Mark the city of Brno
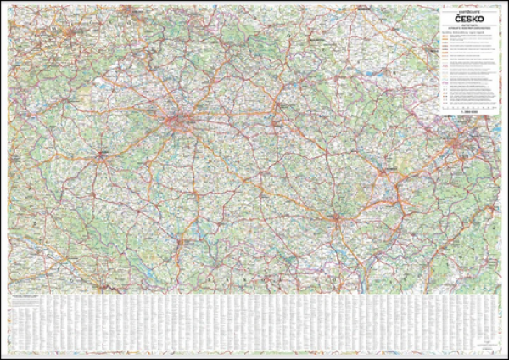point(338,222)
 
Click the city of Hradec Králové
point(275,108)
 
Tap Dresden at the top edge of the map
point(126,12)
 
